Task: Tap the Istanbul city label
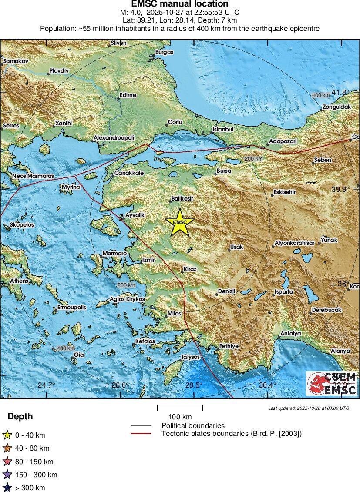pos(223,130)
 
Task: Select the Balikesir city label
pos(182,198)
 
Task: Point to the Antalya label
pos(291,333)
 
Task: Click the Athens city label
pos(19,281)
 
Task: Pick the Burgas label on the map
pos(164,52)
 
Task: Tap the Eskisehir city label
pos(285,192)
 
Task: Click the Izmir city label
pos(148,260)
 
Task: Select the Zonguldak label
pos(336,107)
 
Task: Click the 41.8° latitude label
pos(340,92)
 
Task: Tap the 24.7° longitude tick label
pos(46,385)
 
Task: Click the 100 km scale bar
pos(180,408)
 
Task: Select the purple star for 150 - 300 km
pos(7,475)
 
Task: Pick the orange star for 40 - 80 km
pos(7,448)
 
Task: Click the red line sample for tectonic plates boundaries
pos(141,433)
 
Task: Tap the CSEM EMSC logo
pos(332,383)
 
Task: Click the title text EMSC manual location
pos(180,4)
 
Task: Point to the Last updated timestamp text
pos(308,408)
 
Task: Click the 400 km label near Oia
pos(66,348)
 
